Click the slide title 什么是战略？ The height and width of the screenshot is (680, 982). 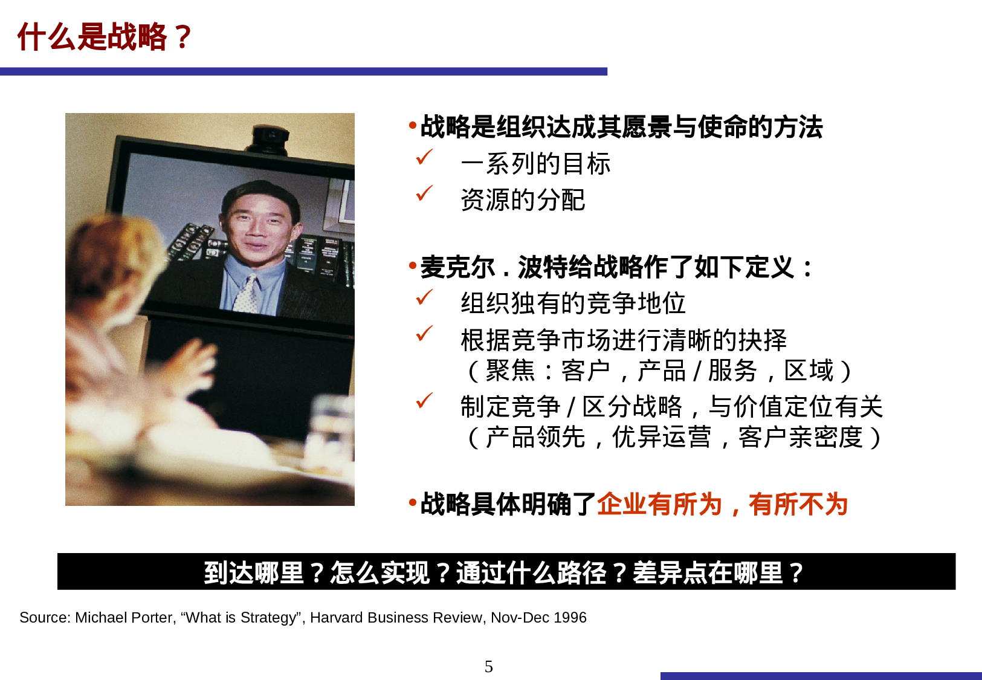(104, 36)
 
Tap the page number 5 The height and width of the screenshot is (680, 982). (488, 666)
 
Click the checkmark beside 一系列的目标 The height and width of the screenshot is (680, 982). (424, 157)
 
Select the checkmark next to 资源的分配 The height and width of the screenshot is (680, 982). (424, 193)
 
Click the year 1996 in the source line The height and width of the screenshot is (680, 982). (570, 618)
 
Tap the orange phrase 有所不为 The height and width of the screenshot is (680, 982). (798, 504)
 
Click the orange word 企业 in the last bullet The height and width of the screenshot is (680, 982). (622, 504)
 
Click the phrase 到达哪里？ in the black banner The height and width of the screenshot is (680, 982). (266, 572)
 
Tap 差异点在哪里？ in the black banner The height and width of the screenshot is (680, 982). (718, 572)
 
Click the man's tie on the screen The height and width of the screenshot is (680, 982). (247, 294)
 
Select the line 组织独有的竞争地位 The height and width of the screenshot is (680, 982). (573, 303)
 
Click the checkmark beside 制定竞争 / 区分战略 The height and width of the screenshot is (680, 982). (424, 401)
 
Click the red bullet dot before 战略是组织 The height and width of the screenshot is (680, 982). (413, 126)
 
